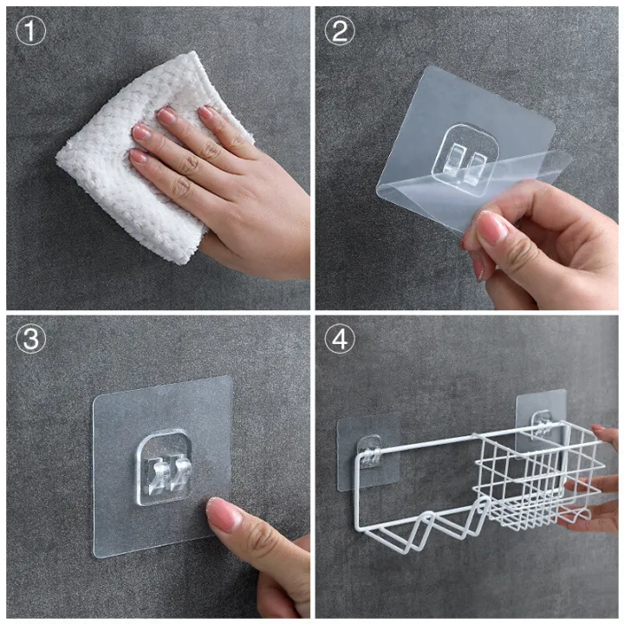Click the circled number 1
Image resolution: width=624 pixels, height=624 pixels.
coord(30,30)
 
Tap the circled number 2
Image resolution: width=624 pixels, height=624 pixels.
coord(340,30)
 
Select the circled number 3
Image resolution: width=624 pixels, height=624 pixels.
coord(30,340)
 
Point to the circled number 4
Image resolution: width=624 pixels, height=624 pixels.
coord(340,340)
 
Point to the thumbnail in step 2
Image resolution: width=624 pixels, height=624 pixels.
coord(491,228)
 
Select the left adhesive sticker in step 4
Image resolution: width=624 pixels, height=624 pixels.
coord(367,452)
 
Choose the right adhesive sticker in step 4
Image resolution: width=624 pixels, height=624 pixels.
coord(541,424)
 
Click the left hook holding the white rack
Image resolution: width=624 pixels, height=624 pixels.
coord(369,451)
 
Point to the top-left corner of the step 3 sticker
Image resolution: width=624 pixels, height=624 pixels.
coord(95,398)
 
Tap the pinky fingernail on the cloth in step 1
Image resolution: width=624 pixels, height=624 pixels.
coord(138,155)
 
